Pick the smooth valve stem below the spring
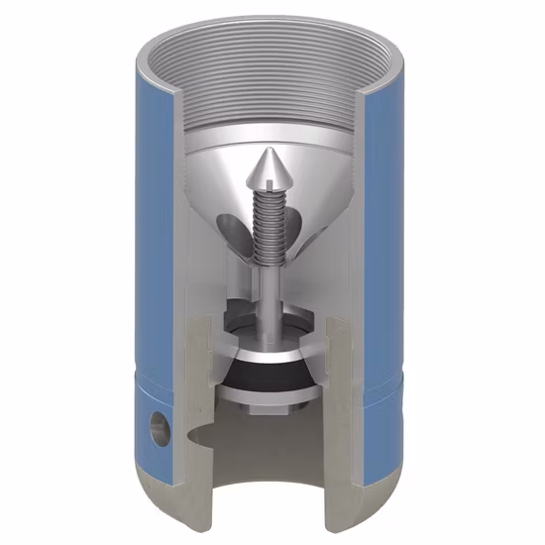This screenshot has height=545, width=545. (x=269, y=287)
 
